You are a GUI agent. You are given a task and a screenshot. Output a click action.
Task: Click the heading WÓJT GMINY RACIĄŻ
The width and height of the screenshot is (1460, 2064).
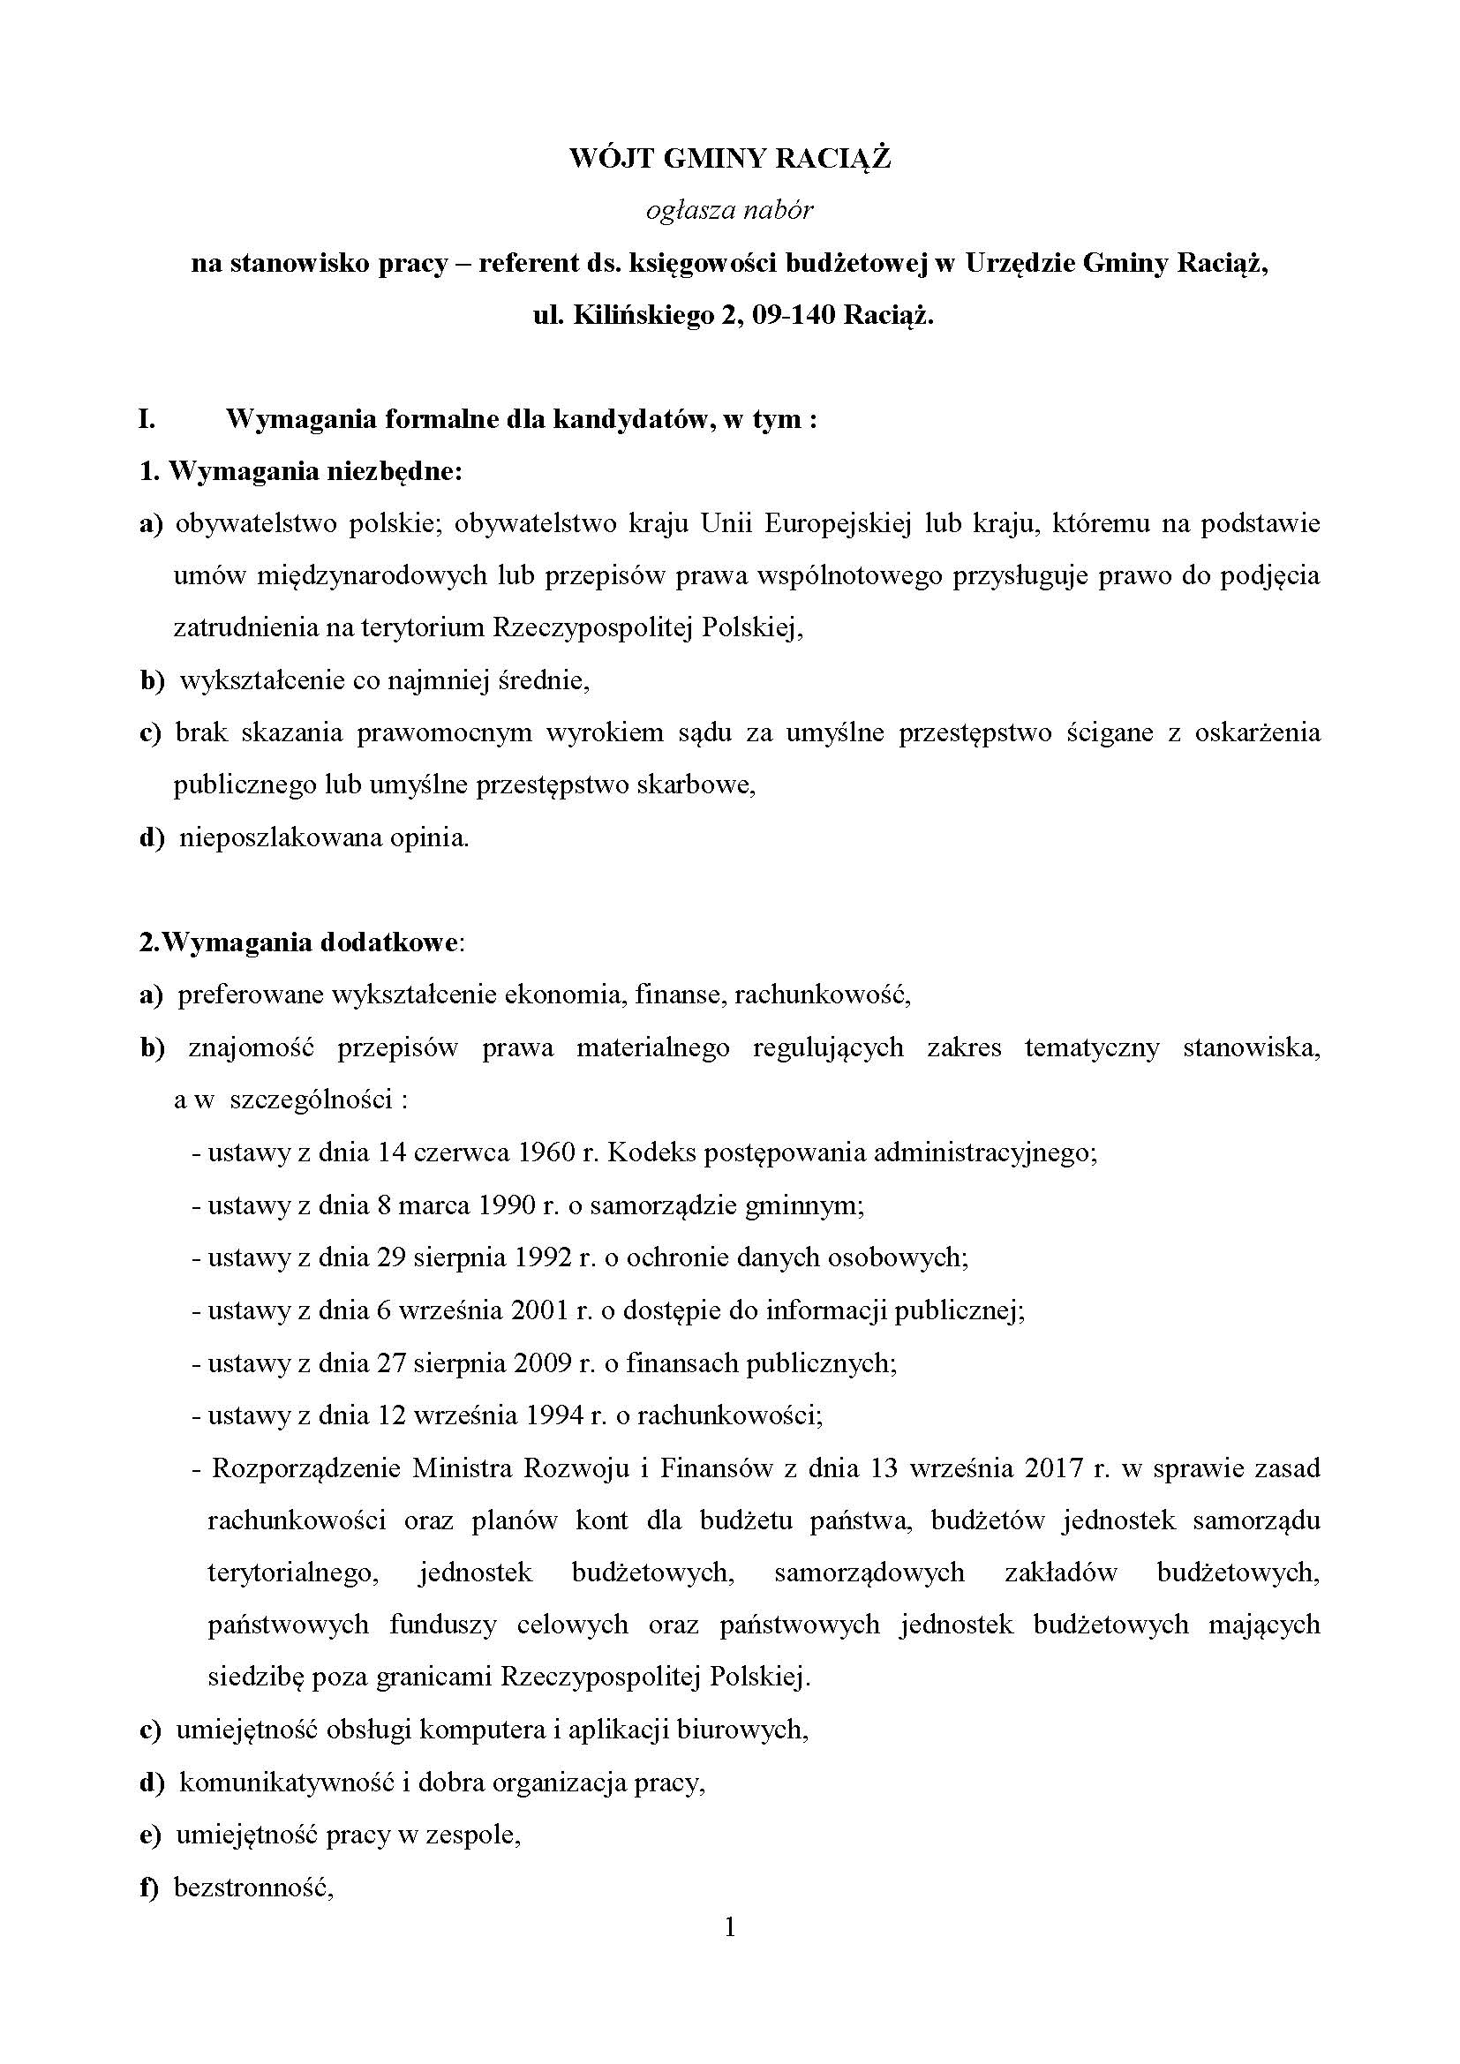(729, 159)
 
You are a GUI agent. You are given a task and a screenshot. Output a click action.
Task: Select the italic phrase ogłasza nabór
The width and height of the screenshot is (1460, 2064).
(729, 211)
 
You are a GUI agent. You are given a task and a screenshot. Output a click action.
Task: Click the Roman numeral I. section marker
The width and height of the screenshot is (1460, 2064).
(147, 420)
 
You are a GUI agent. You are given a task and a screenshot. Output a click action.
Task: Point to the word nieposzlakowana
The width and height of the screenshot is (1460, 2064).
(280, 838)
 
